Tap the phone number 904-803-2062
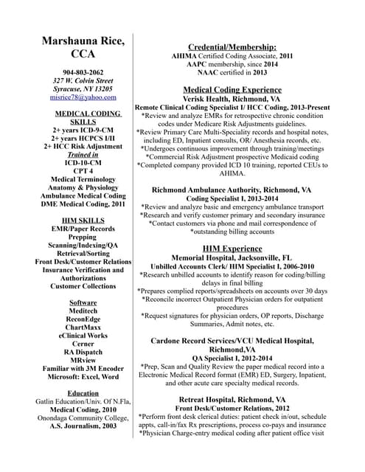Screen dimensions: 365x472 (82, 73)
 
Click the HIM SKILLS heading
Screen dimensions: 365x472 (82, 220)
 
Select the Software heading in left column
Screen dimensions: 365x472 (83, 302)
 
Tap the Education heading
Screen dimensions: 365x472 (83, 393)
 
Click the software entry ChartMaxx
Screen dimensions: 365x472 (83, 326)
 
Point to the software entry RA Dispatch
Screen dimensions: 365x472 (83, 352)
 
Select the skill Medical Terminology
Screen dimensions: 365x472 (83, 179)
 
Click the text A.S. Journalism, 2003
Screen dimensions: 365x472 (83, 426)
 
